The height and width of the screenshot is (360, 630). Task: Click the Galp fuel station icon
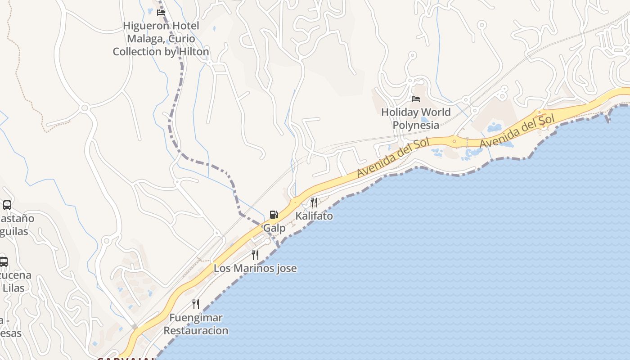tap(274, 215)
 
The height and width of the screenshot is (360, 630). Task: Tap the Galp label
tap(274, 228)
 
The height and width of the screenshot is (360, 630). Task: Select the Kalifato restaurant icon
tap(314, 202)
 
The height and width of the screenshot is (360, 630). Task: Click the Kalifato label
tap(314, 216)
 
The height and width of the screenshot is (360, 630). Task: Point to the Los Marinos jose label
tap(255, 269)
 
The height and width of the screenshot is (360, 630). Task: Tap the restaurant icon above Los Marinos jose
tap(255, 255)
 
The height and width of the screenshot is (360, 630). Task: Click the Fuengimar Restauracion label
tap(196, 324)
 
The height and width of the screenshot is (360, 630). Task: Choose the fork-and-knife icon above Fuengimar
tap(196, 304)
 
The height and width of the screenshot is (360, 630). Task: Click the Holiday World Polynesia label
tap(416, 118)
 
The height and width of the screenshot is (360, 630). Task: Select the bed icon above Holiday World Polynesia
tap(416, 99)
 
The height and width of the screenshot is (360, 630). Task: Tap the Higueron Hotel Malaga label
tap(161, 39)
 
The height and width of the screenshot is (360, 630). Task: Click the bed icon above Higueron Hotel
tap(161, 13)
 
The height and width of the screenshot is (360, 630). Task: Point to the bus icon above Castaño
tap(7, 205)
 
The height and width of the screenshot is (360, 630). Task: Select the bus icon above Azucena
tap(4, 261)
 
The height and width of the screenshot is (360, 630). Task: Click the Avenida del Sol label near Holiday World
tap(393, 158)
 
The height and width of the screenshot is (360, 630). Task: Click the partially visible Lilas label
tap(13, 288)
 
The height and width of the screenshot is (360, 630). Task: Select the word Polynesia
tap(416, 125)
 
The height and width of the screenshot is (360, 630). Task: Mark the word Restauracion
tap(196, 331)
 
